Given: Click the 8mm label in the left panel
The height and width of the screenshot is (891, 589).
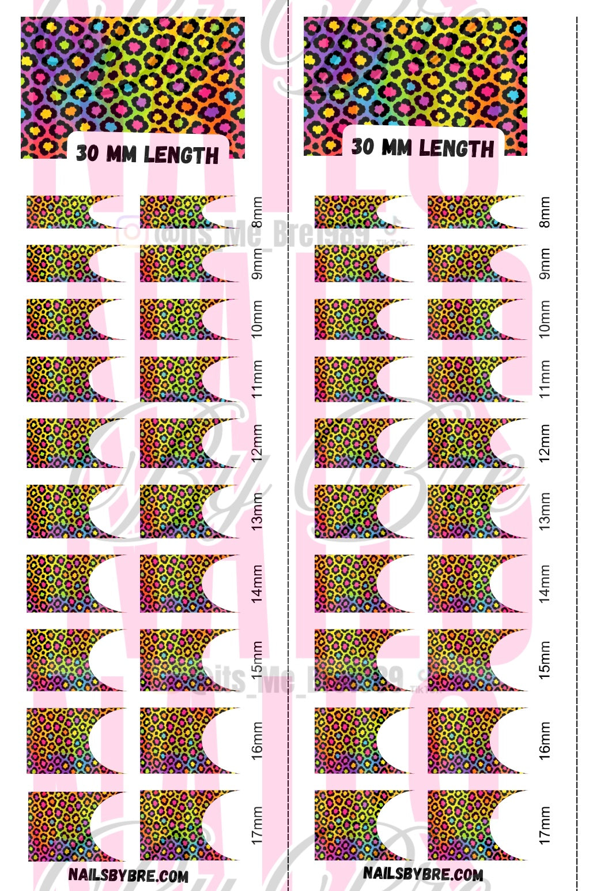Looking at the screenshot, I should pos(257,212).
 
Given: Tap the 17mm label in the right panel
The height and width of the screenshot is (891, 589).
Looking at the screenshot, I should pos(545,825).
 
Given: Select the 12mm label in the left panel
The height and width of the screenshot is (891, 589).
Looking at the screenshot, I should pos(257,443).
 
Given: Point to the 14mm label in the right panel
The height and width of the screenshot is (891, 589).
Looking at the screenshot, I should pos(545,583).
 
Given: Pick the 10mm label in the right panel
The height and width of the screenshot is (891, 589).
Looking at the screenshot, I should pos(545,319).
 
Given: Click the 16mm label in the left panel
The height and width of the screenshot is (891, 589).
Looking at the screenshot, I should pos(257,740).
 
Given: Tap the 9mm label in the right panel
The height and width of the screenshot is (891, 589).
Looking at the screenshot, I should pos(545,264).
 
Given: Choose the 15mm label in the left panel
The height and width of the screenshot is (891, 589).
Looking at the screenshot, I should pos(257,660).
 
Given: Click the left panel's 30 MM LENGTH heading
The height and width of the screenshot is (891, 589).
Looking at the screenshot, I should pos(148,154).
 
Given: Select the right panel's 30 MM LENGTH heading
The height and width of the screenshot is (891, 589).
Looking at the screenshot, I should pos(423,148).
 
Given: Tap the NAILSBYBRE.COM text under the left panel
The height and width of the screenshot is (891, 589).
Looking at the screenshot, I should pos(129,875).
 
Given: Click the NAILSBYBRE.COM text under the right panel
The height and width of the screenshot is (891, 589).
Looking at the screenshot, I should pos(423,874).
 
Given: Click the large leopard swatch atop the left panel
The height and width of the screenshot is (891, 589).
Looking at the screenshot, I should pos(133,75).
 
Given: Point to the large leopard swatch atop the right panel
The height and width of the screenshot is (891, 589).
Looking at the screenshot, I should pos(415,72).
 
